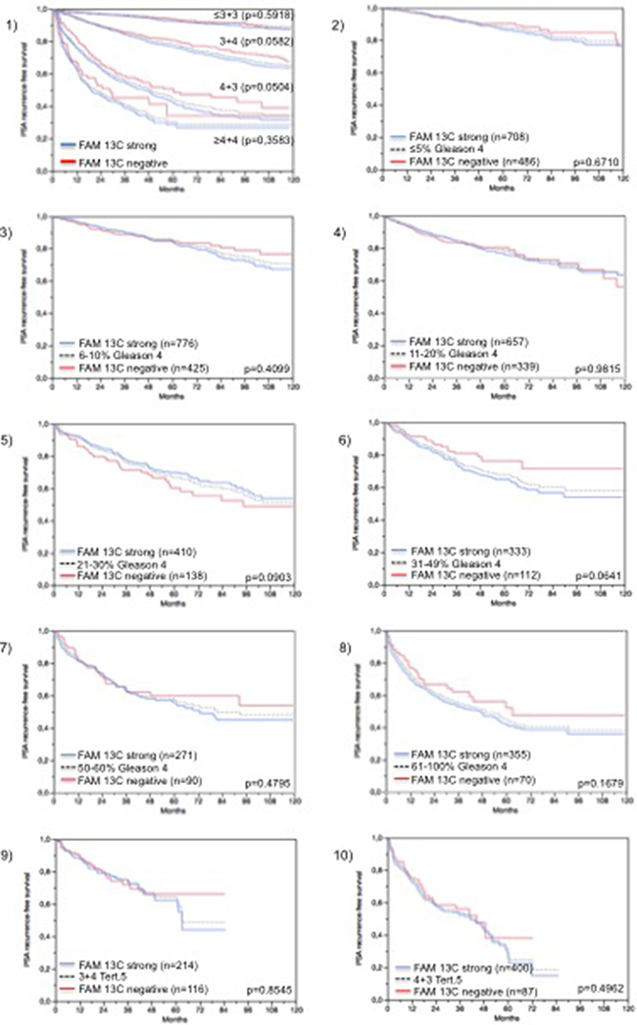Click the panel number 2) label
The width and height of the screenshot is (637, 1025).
332,10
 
